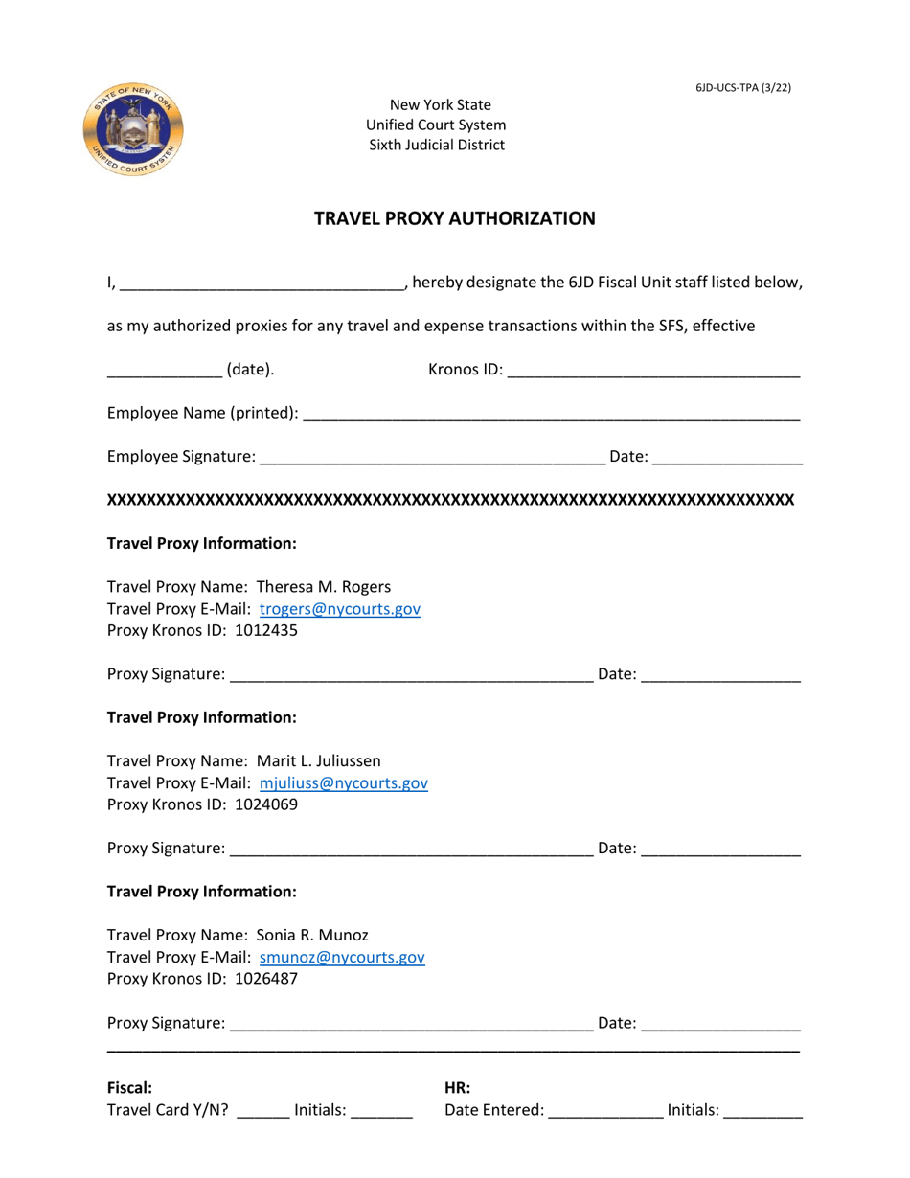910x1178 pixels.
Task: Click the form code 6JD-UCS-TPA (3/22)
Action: (743, 88)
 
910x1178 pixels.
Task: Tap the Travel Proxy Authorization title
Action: (455, 218)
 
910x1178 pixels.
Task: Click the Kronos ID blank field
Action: (652, 372)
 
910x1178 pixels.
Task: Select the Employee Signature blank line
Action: (432, 460)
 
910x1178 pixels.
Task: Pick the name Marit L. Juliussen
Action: (319, 761)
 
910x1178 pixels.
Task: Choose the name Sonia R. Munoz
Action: (312, 935)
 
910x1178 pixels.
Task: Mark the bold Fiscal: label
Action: (130, 1088)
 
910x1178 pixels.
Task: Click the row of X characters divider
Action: (450, 500)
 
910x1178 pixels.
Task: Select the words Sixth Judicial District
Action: (437, 146)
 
